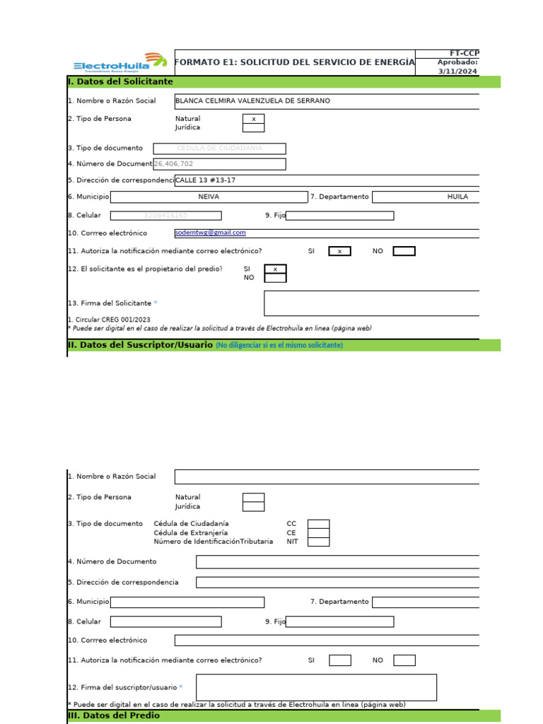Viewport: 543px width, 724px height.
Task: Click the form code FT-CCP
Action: coord(464,53)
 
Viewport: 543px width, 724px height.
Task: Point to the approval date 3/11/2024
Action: coord(457,71)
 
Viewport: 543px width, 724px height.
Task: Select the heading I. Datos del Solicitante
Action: coord(120,82)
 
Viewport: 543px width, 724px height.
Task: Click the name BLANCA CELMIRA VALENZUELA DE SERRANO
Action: coord(252,101)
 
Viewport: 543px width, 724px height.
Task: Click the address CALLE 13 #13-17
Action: coord(206,180)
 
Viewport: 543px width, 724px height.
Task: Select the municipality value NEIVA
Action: coord(209,197)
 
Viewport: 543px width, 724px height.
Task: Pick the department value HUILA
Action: coord(457,197)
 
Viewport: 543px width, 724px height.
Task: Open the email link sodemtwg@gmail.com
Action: coord(210,233)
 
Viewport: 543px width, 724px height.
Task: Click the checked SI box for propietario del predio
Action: coord(275,269)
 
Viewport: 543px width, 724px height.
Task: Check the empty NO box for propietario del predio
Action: coord(275,278)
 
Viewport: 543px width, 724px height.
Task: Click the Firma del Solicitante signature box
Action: coord(371,303)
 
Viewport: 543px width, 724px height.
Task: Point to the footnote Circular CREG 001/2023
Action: coord(109,320)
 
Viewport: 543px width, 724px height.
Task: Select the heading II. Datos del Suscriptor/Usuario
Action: coord(140,345)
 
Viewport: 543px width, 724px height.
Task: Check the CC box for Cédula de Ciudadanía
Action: coord(318,524)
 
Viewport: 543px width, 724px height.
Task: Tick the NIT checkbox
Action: coord(318,542)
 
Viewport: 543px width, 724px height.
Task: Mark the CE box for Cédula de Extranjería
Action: coord(318,533)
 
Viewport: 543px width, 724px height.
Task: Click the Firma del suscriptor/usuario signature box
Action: coord(316,687)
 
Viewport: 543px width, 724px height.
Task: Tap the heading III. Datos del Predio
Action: coord(114,716)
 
